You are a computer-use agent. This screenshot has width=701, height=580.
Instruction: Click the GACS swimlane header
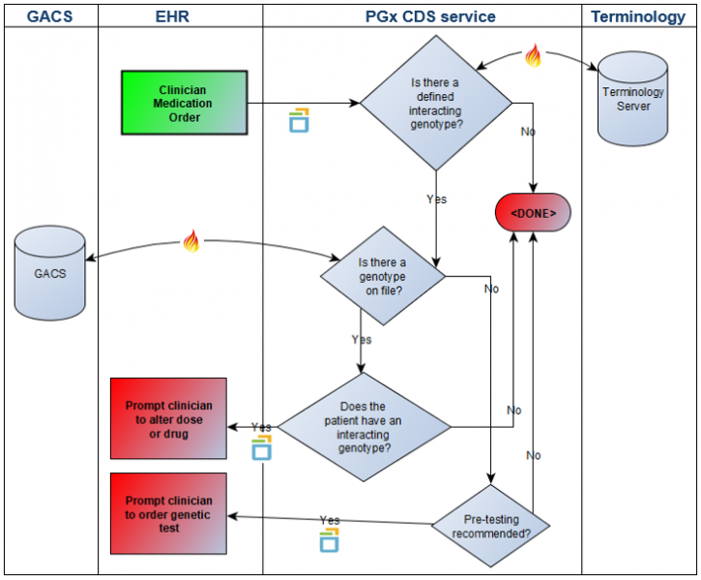pyautogui.click(x=49, y=16)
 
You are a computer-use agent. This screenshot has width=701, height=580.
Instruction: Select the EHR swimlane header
pyautogui.click(x=179, y=16)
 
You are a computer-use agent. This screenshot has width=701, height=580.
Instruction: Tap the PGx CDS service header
pyautogui.click(x=422, y=16)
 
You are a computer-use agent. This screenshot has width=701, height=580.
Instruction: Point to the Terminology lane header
pyautogui.click(x=638, y=16)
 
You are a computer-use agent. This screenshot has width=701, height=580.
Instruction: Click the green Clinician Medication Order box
pyautogui.click(x=183, y=103)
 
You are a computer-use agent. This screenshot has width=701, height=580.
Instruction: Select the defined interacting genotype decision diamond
pyautogui.click(x=435, y=104)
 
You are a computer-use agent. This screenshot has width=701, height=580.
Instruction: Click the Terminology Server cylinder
pyautogui.click(x=633, y=96)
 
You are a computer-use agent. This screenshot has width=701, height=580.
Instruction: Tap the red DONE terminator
pyautogui.click(x=533, y=211)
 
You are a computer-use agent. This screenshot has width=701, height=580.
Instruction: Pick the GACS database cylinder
pyautogui.click(x=50, y=273)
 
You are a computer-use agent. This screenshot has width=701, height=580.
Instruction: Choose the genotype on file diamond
pyautogui.click(x=382, y=277)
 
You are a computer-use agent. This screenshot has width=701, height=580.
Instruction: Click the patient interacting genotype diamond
pyautogui.click(x=363, y=426)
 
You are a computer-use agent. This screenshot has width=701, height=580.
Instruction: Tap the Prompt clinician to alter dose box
pyautogui.click(x=168, y=418)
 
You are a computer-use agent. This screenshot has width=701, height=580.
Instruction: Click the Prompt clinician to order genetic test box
pyautogui.click(x=168, y=514)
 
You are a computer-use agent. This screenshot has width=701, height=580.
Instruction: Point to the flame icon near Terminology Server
pyautogui.click(x=533, y=57)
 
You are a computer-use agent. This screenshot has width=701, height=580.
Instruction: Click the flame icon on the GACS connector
pyautogui.click(x=190, y=241)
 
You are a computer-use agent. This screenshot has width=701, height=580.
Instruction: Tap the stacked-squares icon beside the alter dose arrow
pyautogui.click(x=260, y=447)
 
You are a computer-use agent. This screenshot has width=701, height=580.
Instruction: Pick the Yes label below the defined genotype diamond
pyautogui.click(x=437, y=199)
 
